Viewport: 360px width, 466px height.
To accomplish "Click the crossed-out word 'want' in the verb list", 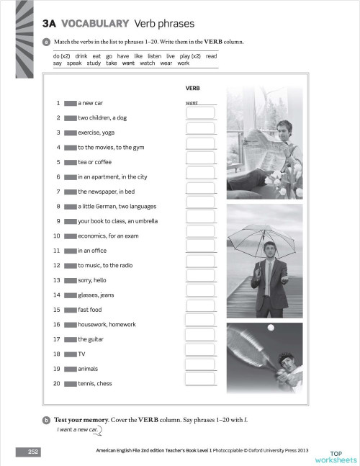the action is [x=129, y=63].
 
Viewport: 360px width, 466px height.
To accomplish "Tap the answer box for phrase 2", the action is [x=201, y=117].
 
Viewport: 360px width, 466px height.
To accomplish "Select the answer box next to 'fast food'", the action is [x=201, y=309].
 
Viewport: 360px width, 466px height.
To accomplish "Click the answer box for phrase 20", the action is [x=201, y=383].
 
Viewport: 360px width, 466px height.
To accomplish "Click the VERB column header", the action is [x=192, y=87].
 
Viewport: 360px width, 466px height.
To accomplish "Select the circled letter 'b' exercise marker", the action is [x=46, y=419].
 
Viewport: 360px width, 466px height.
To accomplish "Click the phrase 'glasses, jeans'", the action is [x=96, y=295].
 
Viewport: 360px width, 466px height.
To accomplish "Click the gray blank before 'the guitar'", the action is [x=70, y=339].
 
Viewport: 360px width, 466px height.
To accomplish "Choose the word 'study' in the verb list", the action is [x=94, y=63].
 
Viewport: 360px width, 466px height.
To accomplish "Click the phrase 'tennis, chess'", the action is [x=95, y=383].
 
